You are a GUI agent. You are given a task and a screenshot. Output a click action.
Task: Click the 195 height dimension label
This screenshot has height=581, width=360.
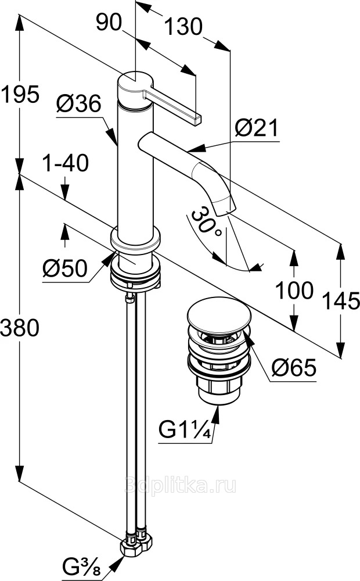coord(20,94)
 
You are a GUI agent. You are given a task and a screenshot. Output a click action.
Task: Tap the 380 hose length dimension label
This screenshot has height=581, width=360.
coord(20,328)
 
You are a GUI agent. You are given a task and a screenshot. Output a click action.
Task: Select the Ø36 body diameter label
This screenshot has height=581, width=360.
coord(78,103)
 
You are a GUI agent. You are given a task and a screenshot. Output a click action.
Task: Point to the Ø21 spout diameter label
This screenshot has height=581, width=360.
coord(256,128)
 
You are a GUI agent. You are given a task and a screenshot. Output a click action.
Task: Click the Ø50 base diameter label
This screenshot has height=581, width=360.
coord(65,268)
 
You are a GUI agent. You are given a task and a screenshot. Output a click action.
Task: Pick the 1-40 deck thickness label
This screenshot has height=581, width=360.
coord(65,163)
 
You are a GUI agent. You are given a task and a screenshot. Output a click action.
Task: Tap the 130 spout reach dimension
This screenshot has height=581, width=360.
coord(183,27)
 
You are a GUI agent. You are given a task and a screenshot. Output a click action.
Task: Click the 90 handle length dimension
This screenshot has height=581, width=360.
coord(109,22)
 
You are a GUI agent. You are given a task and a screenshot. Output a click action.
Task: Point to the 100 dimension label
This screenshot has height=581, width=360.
coord(294,290)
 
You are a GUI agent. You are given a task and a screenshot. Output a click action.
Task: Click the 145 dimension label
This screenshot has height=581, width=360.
coord(341,300)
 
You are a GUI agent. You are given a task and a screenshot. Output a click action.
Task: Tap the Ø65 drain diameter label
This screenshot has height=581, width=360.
coord(294,368)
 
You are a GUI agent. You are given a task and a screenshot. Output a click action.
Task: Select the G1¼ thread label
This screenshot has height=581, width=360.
coord(185,430)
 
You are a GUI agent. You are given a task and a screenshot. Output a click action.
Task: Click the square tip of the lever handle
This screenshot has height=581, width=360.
coord(196,119)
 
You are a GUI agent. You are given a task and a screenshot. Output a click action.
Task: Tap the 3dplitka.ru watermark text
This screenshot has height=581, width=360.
coord(181,485)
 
